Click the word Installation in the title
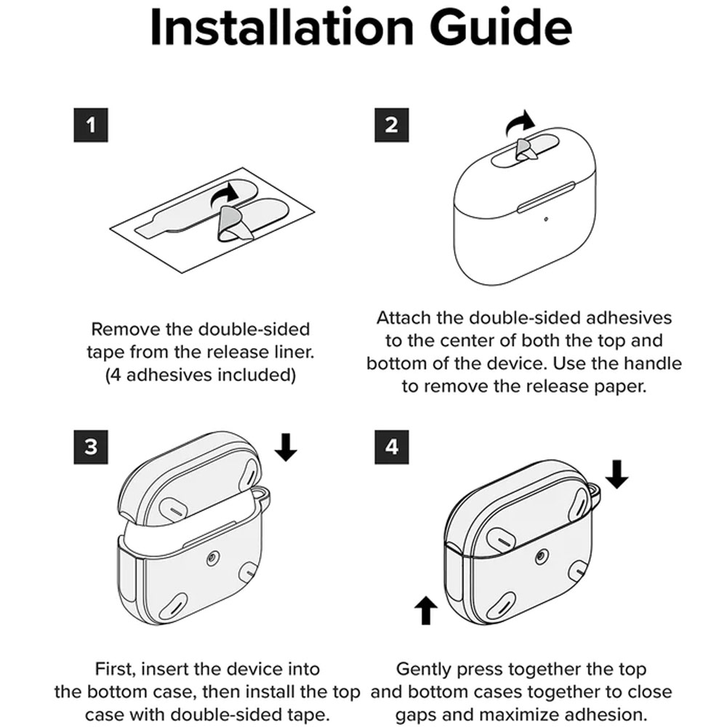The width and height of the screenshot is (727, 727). pos(282,27)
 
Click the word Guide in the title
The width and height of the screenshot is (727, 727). pos(501,27)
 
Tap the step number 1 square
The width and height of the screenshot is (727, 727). pos(91,125)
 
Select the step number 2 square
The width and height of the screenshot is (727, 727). pos(392,125)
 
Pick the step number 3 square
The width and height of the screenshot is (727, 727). pos(91,447)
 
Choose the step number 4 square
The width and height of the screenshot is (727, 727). pos(392,447)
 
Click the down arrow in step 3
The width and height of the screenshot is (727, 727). pos(286,447)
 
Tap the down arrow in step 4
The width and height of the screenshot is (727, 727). pos(616,474)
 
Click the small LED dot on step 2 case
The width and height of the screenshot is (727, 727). pos(546,219)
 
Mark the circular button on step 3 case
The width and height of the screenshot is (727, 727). pos(212,558)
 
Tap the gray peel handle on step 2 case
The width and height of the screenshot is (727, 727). pos(525,149)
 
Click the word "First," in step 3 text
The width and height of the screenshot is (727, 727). pos(115,670)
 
